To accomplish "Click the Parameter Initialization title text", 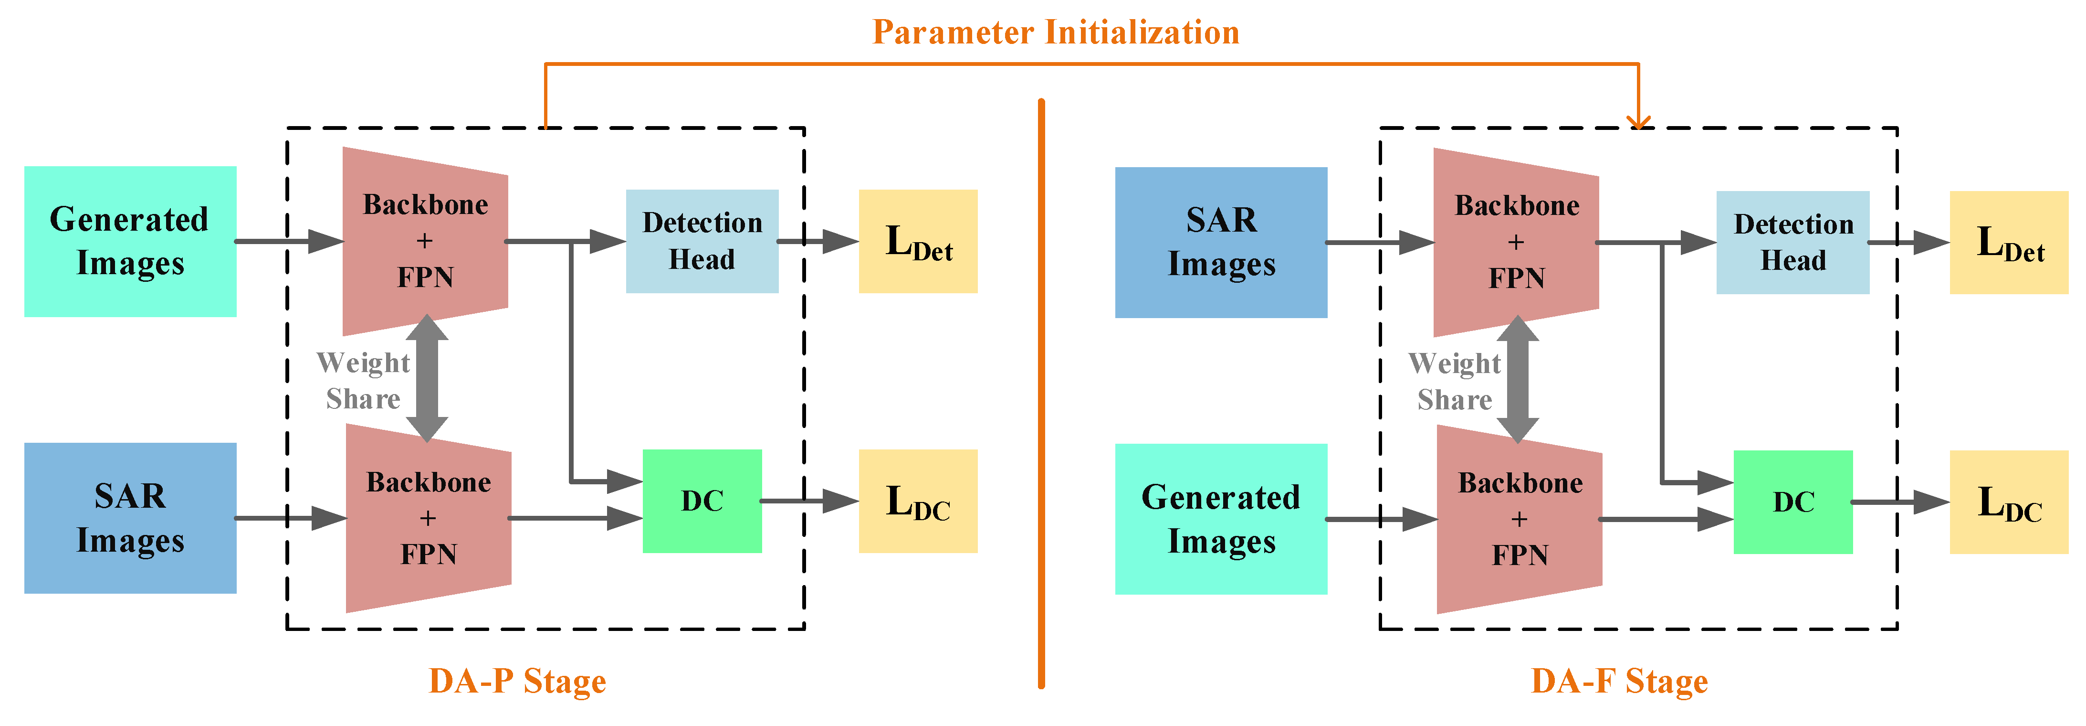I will click(x=1055, y=32).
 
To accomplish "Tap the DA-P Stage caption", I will click(x=517, y=681).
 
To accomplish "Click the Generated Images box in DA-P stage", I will click(x=129, y=242).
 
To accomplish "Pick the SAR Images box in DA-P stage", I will click(x=129, y=518).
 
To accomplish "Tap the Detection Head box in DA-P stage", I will click(x=702, y=242).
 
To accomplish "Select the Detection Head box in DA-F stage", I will click(x=1793, y=242).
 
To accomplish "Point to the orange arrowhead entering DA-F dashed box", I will click(x=1638, y=121).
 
